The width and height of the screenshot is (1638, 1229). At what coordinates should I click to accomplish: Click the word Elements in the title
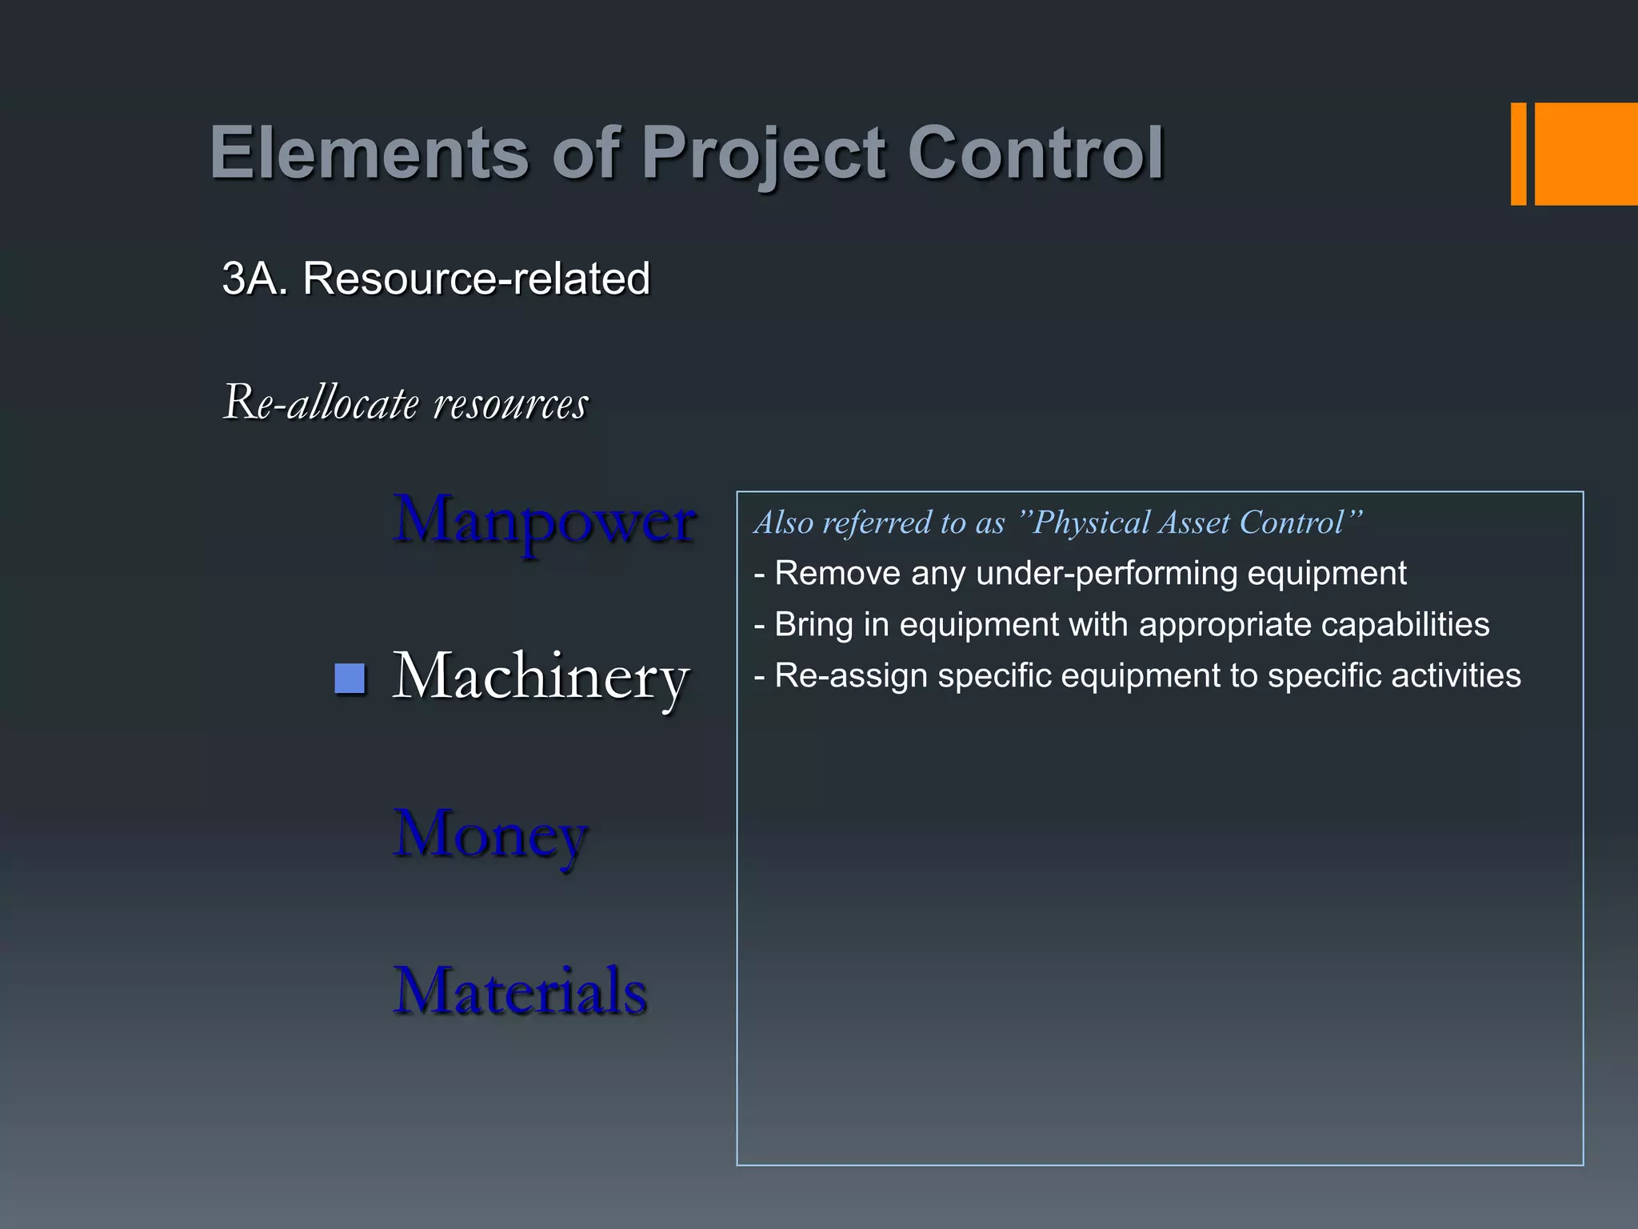pyautogui.click(x=369, y=154)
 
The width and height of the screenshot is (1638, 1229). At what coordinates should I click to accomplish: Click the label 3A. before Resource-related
pyautogui.click(x=254, y=278)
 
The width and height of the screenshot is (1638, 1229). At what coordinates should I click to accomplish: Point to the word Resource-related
pyautogui.click(x=476, y=278)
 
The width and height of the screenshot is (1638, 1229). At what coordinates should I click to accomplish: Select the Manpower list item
pyautogui.click(x=544, y=520)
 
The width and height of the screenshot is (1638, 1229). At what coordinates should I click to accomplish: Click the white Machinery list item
pyautogui.click(x=541, y=677)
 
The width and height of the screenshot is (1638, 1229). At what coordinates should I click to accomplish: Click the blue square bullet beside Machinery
pyautogui.click(x=350, y=678)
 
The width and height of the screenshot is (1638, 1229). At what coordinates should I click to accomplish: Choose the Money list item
pyautogui.click(x=490, y=835)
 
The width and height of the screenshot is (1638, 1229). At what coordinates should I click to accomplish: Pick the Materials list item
pyautogui.click(x=520, y=991)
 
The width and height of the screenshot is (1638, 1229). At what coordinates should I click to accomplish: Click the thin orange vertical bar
pyautogui.click(x=1518, y=154)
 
